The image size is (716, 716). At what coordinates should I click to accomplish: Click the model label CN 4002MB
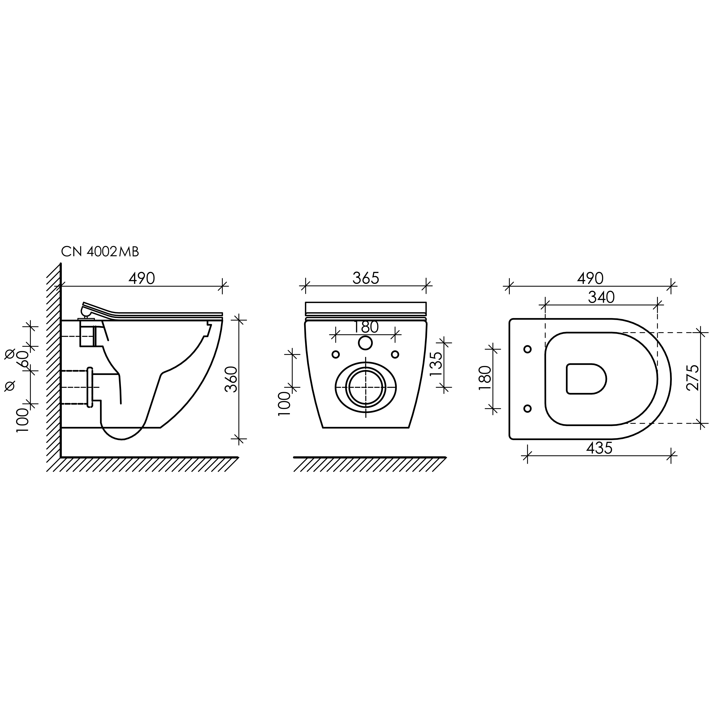[x=100, y=252]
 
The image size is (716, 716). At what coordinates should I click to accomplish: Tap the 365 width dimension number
[x=366, y=278]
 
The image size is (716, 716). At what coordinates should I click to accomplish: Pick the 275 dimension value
[x=692, y=378]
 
